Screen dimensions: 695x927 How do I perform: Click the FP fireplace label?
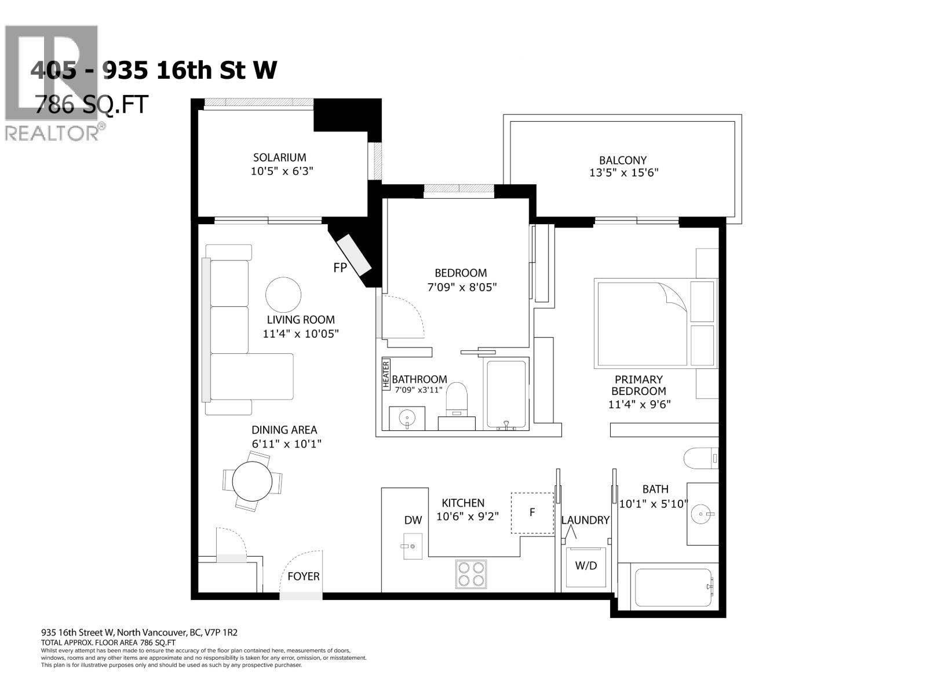[340, 268]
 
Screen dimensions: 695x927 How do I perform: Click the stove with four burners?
[470, 574]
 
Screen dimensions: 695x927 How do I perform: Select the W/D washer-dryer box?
[586, 566]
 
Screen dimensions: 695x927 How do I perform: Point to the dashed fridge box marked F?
[532, 513]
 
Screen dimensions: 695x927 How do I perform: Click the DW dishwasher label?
[413, 520]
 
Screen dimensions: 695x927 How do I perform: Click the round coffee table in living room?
[283, 294]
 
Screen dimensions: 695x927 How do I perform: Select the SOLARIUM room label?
[279, 158]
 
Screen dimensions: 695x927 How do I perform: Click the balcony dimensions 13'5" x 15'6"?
[623, 173]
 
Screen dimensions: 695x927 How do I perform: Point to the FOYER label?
[303, 576]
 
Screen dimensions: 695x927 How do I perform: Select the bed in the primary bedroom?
[643, 324]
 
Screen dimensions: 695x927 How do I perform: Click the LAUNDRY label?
[585, 520]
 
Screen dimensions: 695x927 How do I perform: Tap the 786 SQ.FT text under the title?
[92, 105]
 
